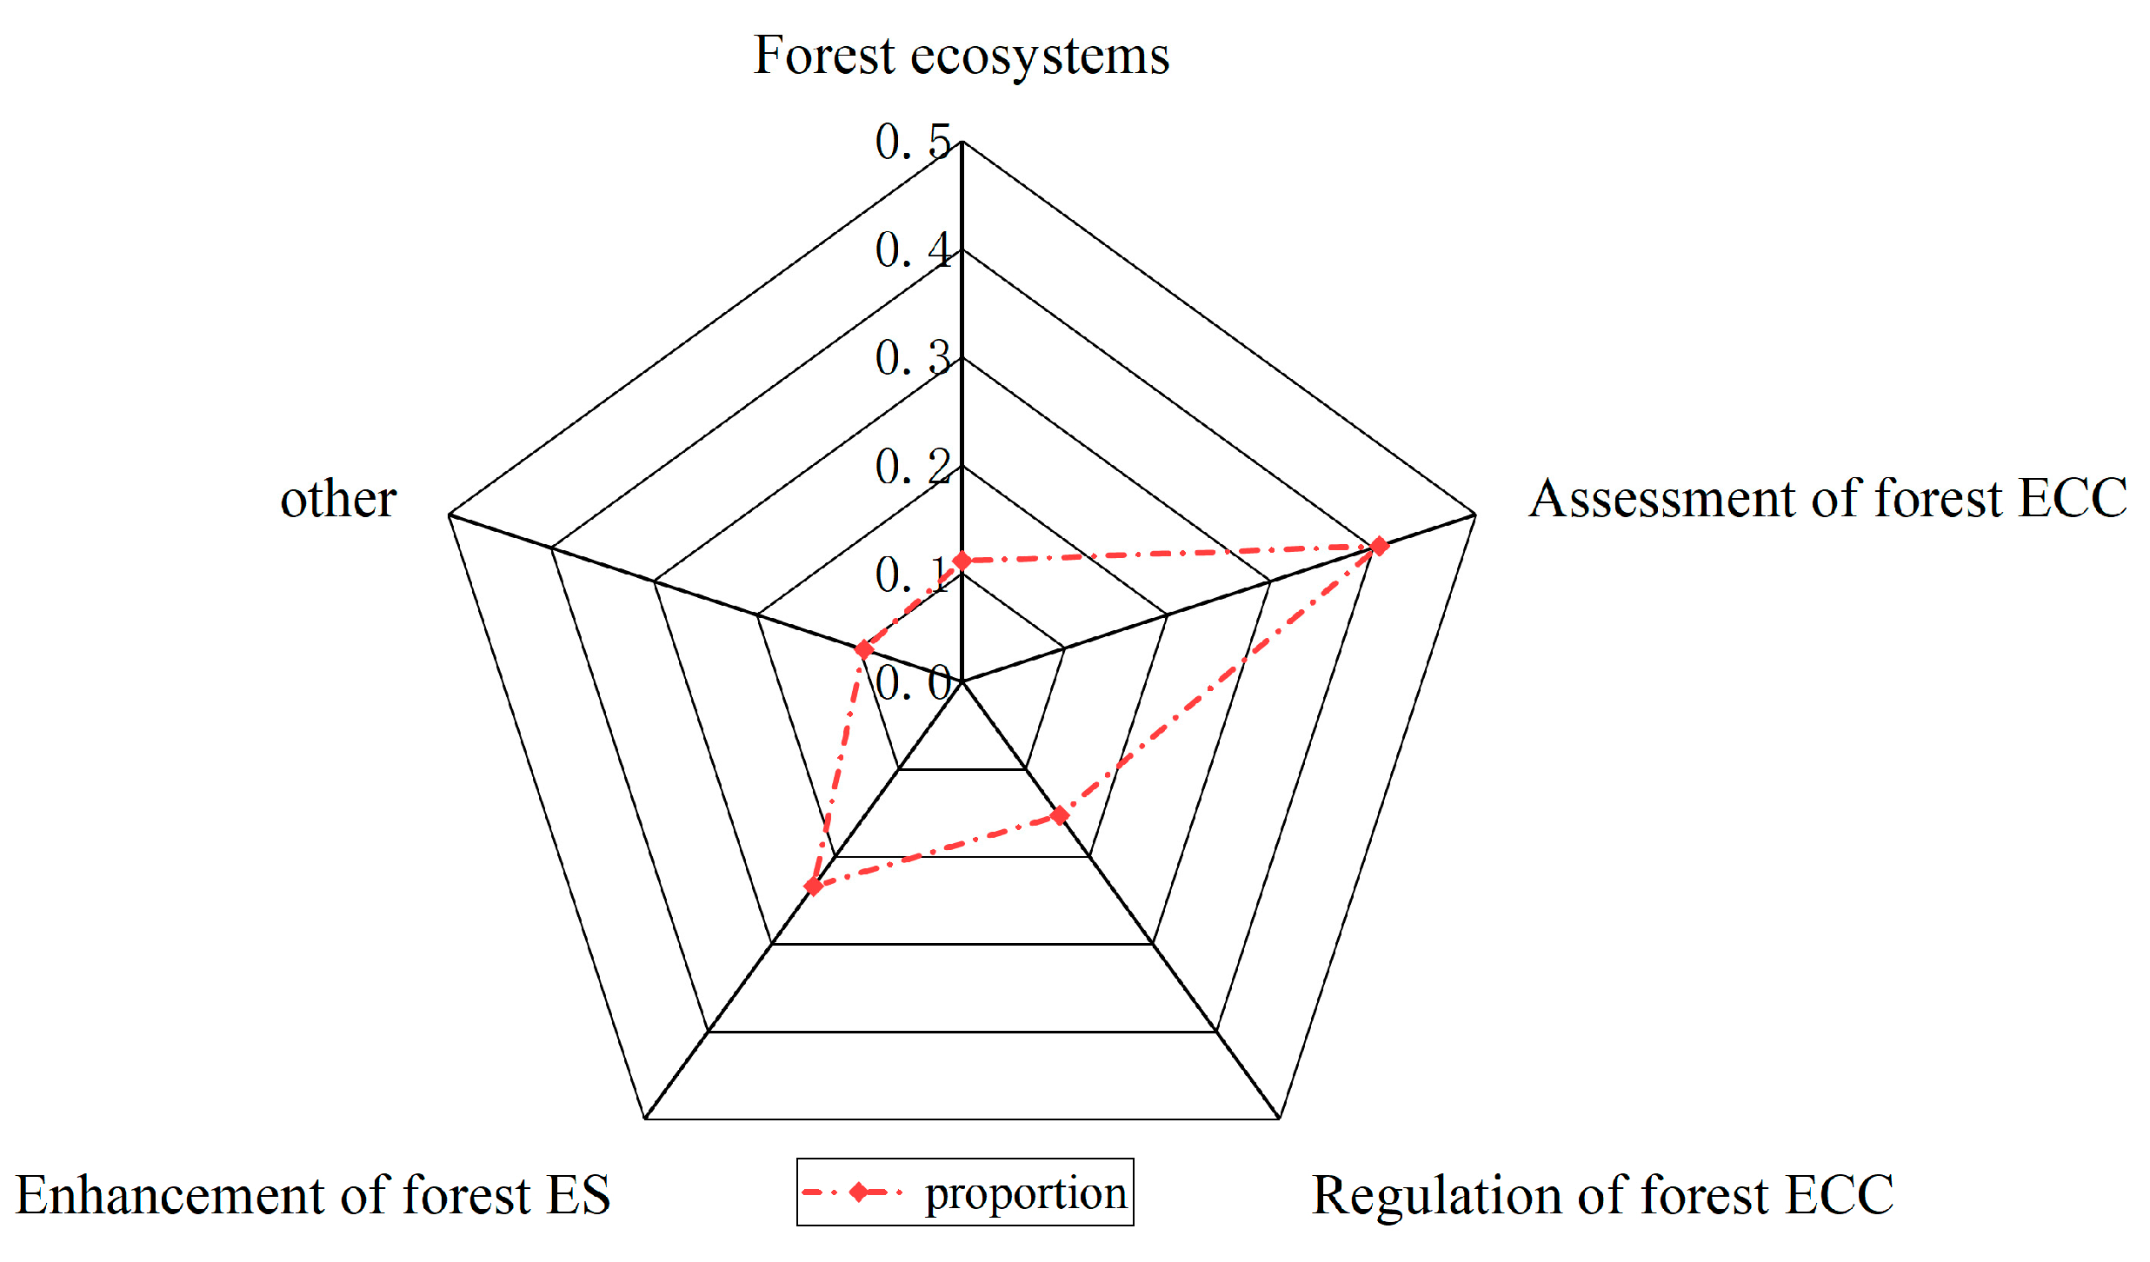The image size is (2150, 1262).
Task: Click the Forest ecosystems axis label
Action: (961, 56)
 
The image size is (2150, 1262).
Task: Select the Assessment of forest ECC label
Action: (1827, 499)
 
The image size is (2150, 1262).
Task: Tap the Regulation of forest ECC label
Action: (1601, 1195)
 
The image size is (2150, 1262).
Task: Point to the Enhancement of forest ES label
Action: (313, 1195)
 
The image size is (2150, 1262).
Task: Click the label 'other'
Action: (338, 500)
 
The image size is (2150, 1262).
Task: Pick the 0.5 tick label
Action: (913, 143)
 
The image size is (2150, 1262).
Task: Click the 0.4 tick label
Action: (913, 250)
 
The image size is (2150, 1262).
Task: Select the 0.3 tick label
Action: (913, 358)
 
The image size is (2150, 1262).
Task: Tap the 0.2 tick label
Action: (913, 467)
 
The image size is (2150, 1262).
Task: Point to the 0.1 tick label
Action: (913, 575)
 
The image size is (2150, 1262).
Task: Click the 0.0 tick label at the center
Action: (913, 682)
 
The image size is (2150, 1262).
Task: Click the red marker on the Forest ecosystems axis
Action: (962, 561)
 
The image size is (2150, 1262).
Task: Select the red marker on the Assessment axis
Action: (1379, 546)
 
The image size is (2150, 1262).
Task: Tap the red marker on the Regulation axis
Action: (1059, 815)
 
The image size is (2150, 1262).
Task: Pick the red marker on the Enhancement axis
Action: (813, 887)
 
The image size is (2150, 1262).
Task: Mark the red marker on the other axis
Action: (863, 649)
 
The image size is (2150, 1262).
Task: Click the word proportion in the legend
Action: (1026, 1192)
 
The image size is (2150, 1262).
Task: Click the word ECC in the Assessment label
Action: (2073, 499)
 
